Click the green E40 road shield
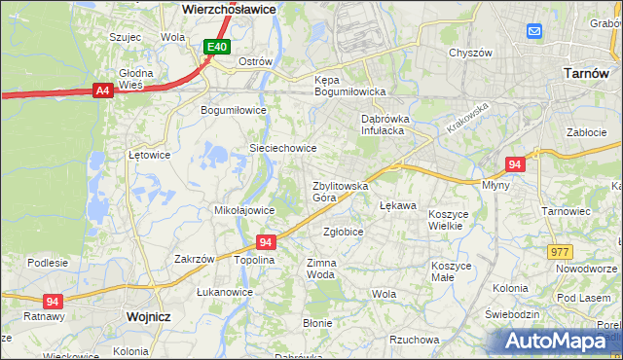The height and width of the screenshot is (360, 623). point(217,47)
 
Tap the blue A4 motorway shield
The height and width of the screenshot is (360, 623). point(102,90)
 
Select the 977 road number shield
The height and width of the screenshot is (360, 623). point(560,252)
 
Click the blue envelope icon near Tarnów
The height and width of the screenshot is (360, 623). point(535,32)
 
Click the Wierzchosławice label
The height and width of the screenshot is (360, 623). point(230,8)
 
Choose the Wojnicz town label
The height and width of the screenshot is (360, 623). point(148,317)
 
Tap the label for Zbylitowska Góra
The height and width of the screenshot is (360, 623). point(340,191)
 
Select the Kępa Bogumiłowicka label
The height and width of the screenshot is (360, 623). point(350,86)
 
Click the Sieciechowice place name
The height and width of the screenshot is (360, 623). point(283,148)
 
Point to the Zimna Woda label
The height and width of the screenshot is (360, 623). point(321,269)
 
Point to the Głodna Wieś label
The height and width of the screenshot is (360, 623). point(135,79)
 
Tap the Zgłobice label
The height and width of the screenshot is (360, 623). point(343,232)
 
